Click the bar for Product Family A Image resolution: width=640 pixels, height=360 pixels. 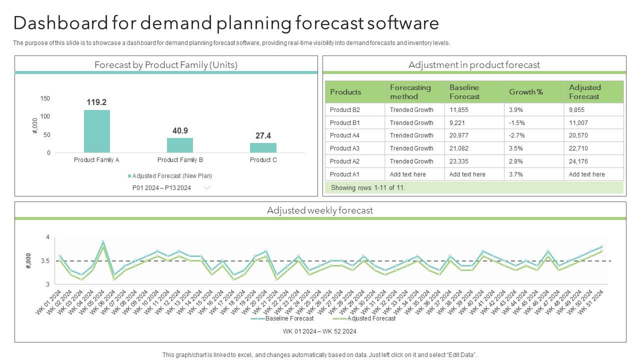coord(96,131)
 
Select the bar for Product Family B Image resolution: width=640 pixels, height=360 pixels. coord(180,145)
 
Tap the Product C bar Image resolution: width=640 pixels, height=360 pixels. coord(263,147)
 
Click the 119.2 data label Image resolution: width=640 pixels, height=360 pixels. coord(96,102)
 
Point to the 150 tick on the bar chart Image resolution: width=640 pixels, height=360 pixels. coord(45,98)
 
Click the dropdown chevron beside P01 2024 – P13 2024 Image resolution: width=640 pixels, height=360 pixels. coord(206,188)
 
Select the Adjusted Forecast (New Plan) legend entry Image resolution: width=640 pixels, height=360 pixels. coord(170,176)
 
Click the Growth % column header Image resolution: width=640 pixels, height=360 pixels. coord(526,92)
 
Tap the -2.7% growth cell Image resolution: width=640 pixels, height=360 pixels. coord(517,135)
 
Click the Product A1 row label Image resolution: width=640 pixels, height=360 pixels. coord(345,174)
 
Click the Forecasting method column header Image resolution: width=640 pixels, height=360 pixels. coord(410,92)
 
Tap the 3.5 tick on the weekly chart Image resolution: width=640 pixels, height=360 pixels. coord(45,261)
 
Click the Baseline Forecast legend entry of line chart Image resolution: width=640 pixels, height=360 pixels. coord(289,318)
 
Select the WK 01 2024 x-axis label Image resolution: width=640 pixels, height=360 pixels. coord(48,302)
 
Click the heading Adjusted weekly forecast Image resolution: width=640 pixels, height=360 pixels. coord(320,210)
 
